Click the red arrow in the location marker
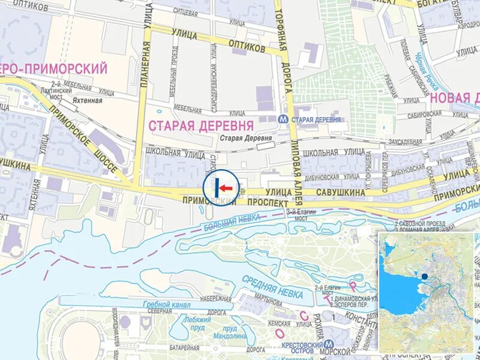[x=226, y=188]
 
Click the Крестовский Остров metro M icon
[x=329, y=346]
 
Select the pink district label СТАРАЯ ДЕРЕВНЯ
[x=200, y=125]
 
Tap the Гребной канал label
[x=166, y=305]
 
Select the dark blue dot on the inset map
[x=425, y=277]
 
